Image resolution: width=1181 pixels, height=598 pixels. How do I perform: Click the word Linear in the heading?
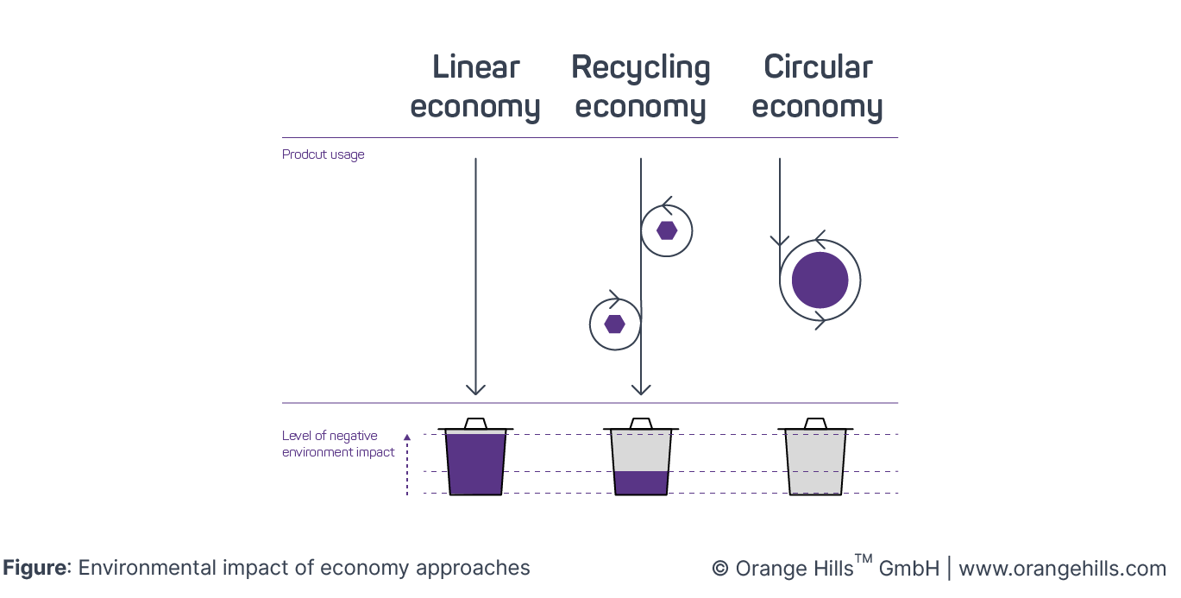coord(475,67)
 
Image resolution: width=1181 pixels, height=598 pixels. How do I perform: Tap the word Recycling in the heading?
coord(641,67)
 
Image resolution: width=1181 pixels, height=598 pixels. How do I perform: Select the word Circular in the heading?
coord(818,67)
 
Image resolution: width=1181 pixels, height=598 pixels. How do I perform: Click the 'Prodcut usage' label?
coord(324,155)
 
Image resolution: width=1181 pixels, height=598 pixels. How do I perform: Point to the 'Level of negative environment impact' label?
coord(338,444)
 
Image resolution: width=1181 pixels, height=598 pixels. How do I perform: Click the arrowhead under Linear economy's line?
coord(475,389)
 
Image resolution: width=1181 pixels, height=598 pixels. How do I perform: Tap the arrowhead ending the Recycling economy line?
coord(641,389)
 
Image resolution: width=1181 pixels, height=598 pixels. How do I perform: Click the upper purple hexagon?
coord(667,230)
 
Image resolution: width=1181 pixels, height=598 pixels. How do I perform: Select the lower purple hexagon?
coord(614,324)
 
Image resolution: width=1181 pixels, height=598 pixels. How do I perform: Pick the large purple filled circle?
coord(820,280)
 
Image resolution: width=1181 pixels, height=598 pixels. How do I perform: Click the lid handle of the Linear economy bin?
coord(475,423)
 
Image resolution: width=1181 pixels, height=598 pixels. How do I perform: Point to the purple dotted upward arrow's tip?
coord(407,437)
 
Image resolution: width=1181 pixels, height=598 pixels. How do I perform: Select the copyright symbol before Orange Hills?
coord(719,569)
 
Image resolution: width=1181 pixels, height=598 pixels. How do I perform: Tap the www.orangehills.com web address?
coord(1062,569)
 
